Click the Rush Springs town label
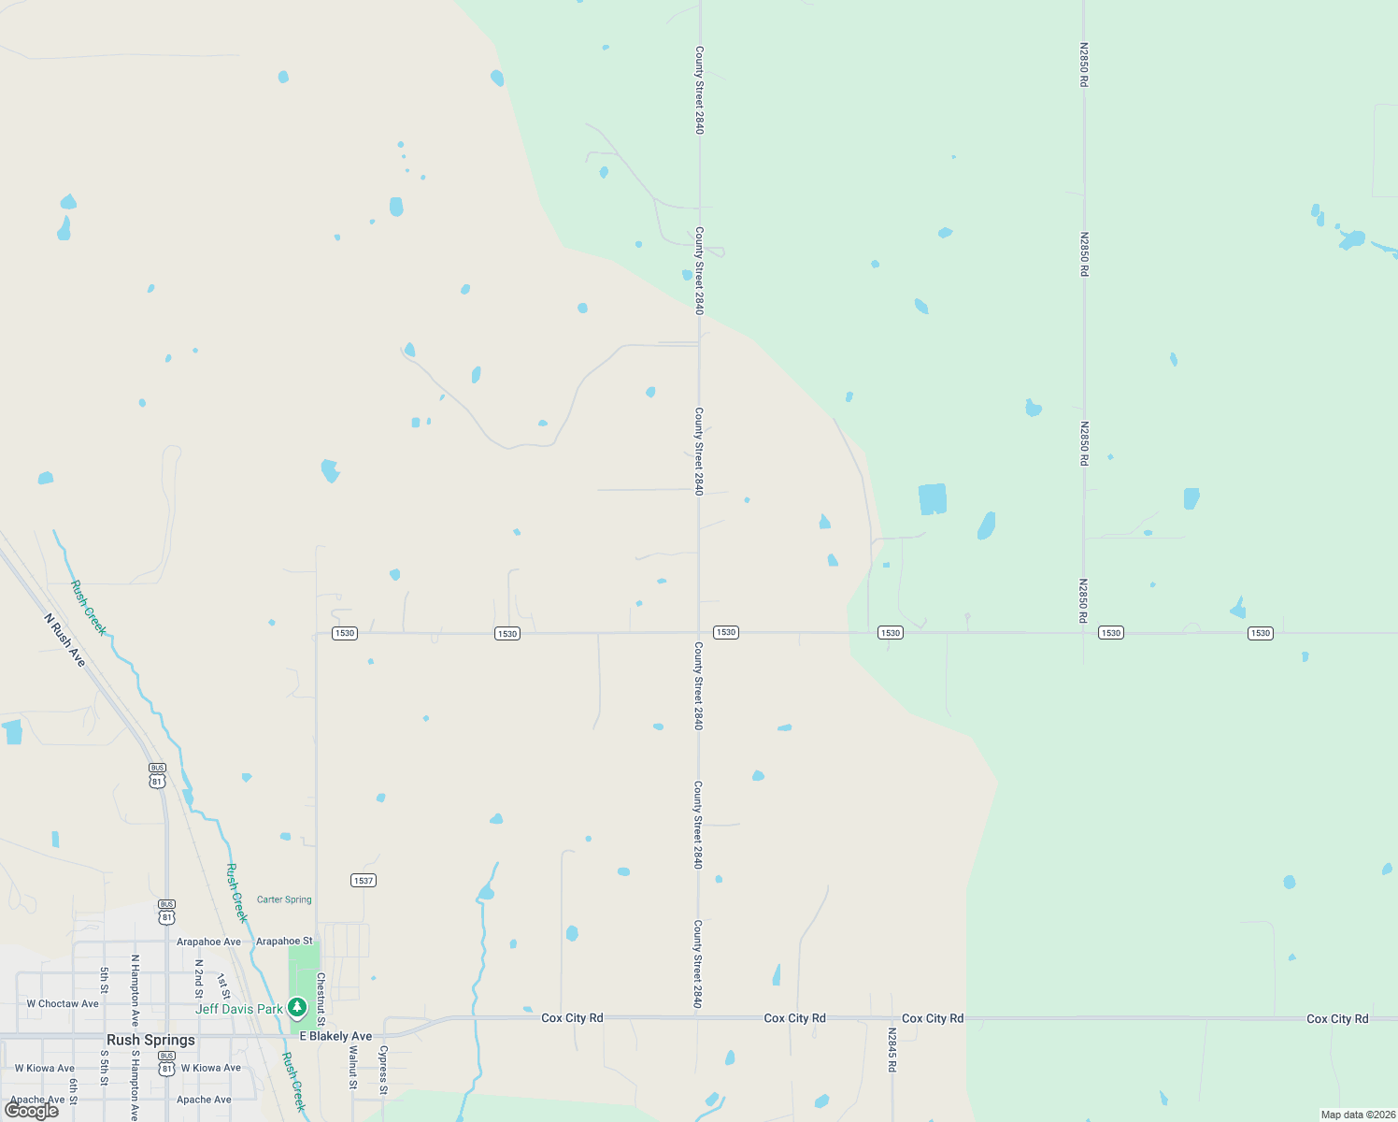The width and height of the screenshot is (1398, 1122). tap(150, 1040)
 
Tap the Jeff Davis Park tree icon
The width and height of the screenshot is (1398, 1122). tap(297, 1007)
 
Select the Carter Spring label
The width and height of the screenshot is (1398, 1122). tap(284, 899)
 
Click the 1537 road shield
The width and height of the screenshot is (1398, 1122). tap(364, 881)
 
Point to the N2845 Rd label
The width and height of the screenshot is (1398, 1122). tap(892, 1050)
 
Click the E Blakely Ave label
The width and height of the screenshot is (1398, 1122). tap(335, 1036)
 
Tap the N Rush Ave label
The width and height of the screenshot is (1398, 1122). tap(65, 640)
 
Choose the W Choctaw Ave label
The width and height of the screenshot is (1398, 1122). tap(63, 1004)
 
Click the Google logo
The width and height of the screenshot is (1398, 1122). tap(32, 1110)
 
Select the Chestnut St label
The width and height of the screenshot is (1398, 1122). tap(321, 993)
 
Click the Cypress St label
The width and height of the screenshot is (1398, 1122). tap(383, 1070)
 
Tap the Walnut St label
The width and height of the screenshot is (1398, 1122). tap(353, 1068)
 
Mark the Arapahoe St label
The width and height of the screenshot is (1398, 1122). tap(284, 942)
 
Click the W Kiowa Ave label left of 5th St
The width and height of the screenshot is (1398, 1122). tap(45, 1068)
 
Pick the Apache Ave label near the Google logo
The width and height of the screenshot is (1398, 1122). tap(37, 1100)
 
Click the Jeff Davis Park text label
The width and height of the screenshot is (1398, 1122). tap(238, 1009)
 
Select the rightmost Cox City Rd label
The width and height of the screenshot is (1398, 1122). tap(1337, 1019)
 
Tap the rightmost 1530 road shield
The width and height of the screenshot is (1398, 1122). tap(1261, 633)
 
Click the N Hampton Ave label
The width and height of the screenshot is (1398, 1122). tap(135, 991)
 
